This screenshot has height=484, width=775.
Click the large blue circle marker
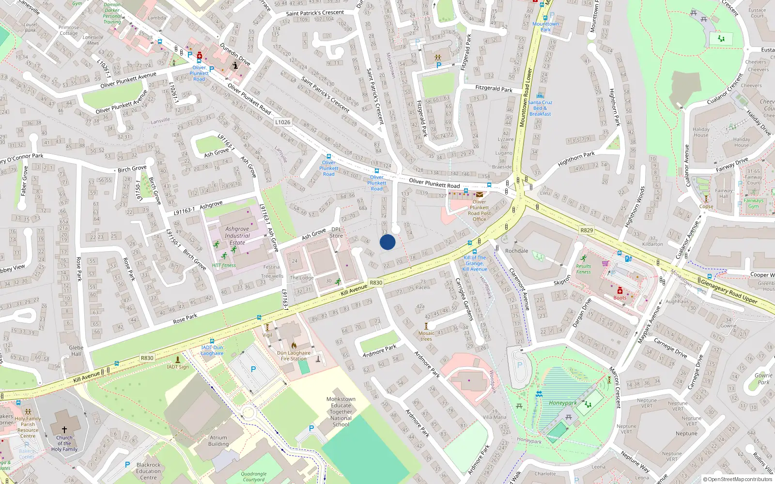tap(387, 242)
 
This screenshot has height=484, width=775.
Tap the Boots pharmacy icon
tap(620, 291)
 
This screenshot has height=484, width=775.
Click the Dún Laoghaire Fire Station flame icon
tap(294, 346)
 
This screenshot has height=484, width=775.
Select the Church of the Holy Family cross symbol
tap(64, 429)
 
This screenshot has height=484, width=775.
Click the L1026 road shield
tap(283, 122)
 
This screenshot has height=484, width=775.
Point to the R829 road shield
tap(587, 230)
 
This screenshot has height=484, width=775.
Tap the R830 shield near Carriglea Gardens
tap(376, 283)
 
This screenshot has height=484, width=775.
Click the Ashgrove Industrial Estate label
tap(237, 236)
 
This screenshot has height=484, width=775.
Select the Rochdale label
tap(516, 251)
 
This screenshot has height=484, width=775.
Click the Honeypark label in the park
tap(562, 403)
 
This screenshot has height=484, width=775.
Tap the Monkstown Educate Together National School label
tap(341, 412)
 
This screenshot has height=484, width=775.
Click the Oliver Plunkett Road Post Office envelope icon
tap(479, 195)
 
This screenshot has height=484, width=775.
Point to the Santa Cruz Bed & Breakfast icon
tap(540, 96)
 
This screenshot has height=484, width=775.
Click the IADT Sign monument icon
tap(178, 360)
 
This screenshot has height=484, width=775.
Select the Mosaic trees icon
tap(427, 326)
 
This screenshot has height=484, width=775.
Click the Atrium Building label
tap(218, 440)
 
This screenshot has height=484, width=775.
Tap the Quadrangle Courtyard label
tap(254, 477)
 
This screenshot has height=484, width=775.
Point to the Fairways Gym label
tap(753, 203)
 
